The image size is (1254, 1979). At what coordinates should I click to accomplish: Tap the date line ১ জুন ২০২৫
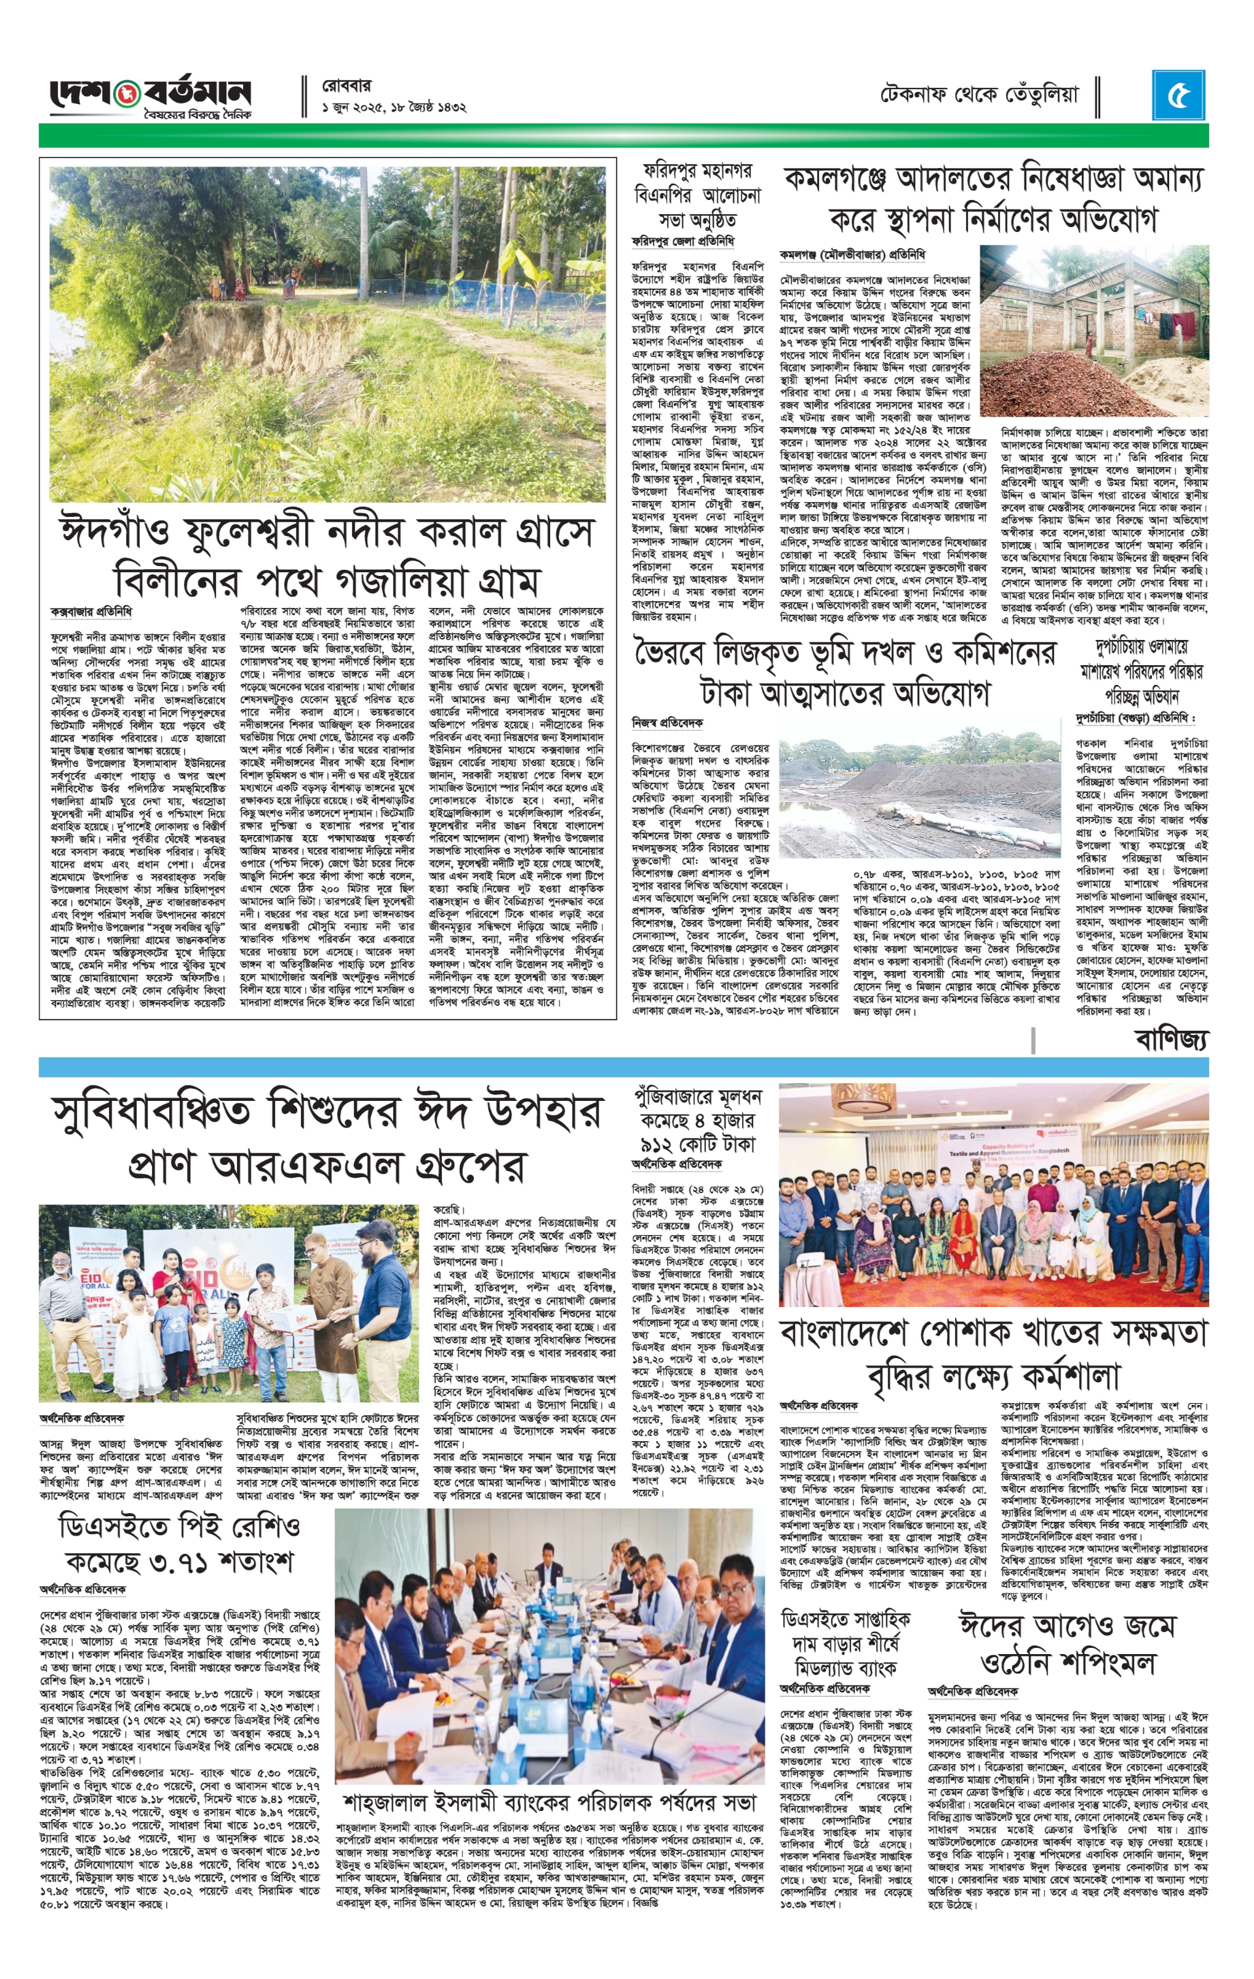pos(394,107)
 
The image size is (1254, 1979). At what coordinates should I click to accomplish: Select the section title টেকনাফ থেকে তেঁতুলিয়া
pos(979,95)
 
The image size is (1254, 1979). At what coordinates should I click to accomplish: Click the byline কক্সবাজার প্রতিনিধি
pos(91,612)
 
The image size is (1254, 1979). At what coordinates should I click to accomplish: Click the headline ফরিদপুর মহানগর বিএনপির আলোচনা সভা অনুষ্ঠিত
pos(698,196)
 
